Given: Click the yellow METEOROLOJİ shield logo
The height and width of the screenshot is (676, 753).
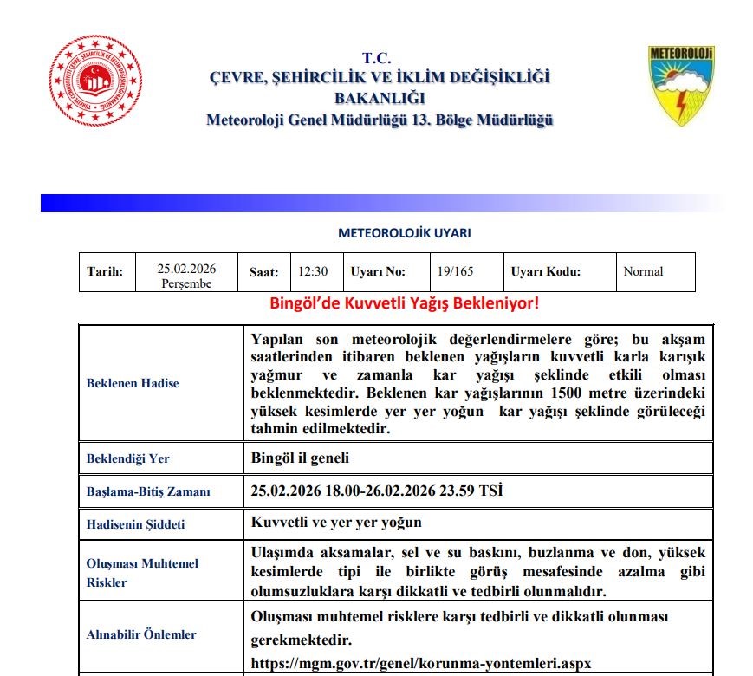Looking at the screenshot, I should click(681, 87).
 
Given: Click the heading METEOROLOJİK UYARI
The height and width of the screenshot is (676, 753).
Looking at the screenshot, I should click(404, 233).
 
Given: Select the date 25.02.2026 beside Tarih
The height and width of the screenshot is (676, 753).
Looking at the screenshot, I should click(186, 268).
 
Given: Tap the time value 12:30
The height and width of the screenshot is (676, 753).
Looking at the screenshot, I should click(313, 271).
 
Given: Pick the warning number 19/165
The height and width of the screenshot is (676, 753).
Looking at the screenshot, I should click(456, 271).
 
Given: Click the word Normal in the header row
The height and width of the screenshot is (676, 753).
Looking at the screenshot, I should click(643, 271).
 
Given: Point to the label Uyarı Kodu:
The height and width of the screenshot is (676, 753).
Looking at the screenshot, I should click(545, 271).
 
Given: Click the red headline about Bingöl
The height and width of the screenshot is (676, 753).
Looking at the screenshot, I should click(406, 304).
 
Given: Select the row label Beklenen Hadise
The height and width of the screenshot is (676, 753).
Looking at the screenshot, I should click(133, 383).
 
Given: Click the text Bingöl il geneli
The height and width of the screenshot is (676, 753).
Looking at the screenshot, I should click(300, 458).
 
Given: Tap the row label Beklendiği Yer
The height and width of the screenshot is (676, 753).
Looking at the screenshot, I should click(128, 458).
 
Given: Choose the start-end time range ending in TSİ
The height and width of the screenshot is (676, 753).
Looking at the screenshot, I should click(376, 491).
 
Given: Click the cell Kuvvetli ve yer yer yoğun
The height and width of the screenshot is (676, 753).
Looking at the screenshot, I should click(336, 523).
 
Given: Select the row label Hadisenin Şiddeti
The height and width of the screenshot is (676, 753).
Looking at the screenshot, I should click(135, 524).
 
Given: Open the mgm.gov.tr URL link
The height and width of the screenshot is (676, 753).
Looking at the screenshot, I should click(420, 663).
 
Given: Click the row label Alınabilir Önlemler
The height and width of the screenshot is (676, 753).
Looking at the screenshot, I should click(141, 634).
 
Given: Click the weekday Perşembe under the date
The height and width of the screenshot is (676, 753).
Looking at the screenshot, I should click(186, 283).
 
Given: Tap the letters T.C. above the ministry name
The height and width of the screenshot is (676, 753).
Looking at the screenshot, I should click(377, 59).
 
